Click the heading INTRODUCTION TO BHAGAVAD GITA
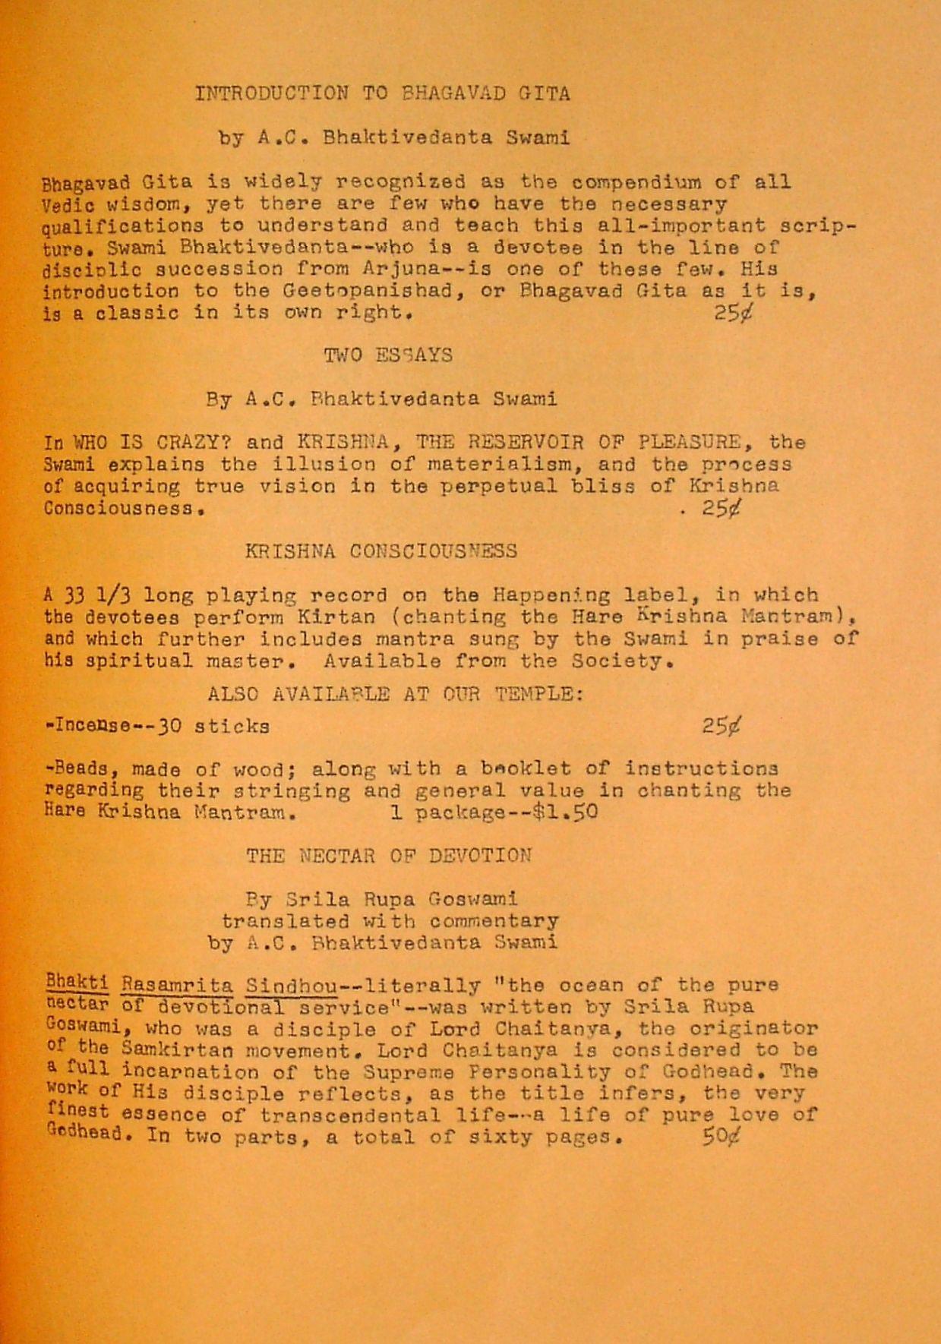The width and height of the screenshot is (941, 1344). (382, 93)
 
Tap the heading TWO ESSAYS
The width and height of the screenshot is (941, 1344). (388, 355)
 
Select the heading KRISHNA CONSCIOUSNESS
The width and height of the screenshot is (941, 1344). (381, 551)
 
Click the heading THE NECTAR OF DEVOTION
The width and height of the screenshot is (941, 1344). (388, 856)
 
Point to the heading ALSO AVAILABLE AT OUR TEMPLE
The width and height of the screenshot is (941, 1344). (395, 693)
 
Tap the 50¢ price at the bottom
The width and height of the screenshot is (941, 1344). (721, 1137)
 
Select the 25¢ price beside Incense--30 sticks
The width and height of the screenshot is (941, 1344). (721, 726)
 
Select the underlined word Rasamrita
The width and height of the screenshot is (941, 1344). (177, 986)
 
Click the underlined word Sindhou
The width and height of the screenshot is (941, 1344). (292, 986)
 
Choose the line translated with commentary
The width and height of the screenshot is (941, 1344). (390, 921)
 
